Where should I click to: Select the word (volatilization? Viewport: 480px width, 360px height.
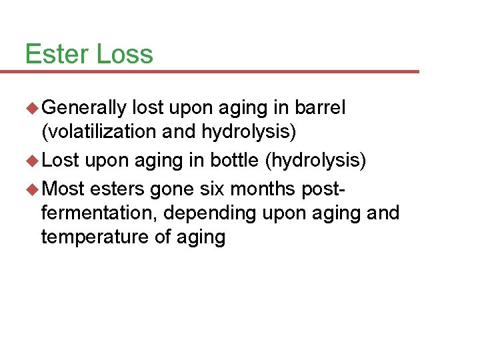(x=99, y=132)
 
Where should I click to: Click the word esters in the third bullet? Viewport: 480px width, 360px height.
(x=117, y=189)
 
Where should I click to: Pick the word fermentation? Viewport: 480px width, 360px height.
(x=98, y=213)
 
